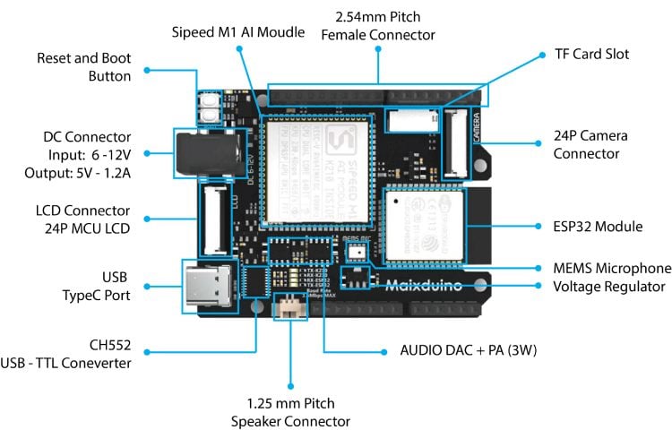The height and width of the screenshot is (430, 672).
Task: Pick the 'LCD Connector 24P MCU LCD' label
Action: [x=79, y=219]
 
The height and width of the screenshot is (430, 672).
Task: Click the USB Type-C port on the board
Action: [x=208, y=287]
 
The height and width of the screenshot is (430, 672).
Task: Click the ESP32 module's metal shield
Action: [x=424, y=224]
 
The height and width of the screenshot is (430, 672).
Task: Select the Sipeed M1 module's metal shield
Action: [x=319, y=171]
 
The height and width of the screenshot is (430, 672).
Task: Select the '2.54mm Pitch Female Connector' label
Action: [x=377, y=26]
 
